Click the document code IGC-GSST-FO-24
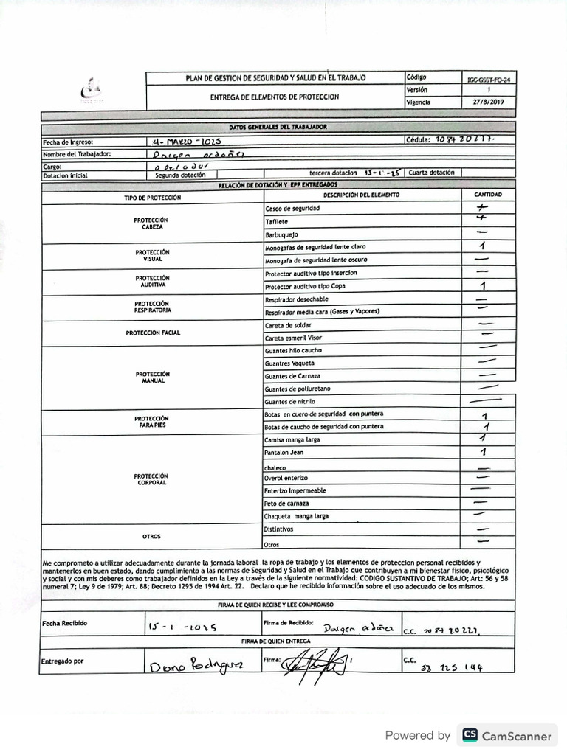pyautogui.click(x=488, y=77)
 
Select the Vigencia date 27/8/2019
pyautogui.click(x=487, y=102)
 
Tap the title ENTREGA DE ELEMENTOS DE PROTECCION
pyautogui.click(x=274, y=97)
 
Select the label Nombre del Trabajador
pyautogui.click(x=77, y=154)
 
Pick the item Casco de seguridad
pyautogui.click(x=292, y=209)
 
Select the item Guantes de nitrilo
pyautogui.click(x=289, y=402)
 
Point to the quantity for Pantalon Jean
pyautogui.click(x=483, y=452)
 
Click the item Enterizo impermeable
pyautogui.click(x=295, y=490)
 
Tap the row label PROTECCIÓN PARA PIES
pyautogui.click(x=151, y=422)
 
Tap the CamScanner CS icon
pyautogui.click(x=469, y=735)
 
